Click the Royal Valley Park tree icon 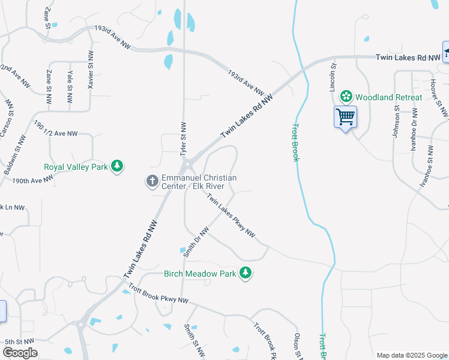[x=118, y=166]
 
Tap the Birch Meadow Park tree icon [x=245, y=274]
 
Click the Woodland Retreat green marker [x=346, y=97]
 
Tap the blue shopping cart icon [x=346, y=116]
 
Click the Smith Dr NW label [x=196, y=242]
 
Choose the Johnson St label [x=396, y=122]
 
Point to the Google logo [x=20, y=353]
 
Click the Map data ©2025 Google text [x=411, y=355]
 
